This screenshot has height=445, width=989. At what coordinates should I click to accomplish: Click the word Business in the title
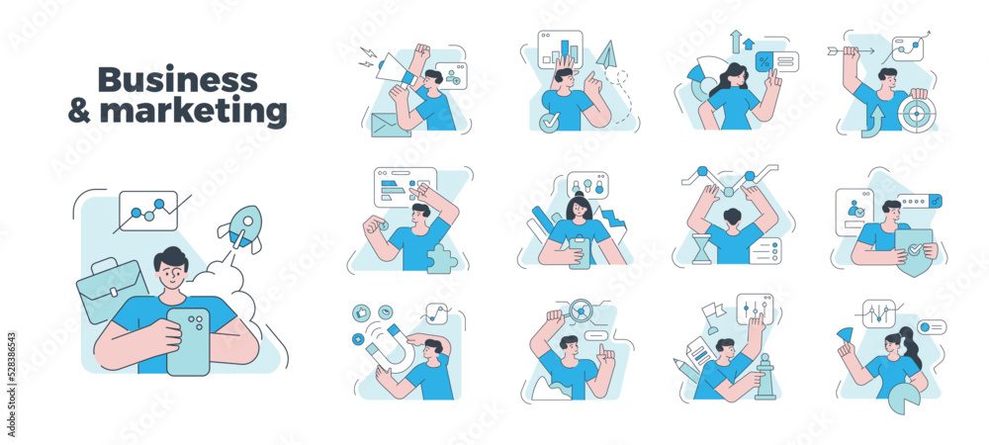(x=178, y=80)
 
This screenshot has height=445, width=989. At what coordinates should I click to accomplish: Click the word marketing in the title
(x=194, y=111)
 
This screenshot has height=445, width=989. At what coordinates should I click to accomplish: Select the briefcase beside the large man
(x=111, y=290)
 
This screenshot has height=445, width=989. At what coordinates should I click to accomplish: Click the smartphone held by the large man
(x=188, y=341)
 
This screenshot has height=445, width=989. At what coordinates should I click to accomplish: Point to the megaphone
(x=397, y=70)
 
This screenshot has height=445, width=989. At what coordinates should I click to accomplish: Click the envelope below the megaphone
(x=391, y=125)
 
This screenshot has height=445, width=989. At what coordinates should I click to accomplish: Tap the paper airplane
(x=607, y=54)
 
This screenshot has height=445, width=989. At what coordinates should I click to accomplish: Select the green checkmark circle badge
(x=549, y=123)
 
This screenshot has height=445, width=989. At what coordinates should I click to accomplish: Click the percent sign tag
(x=765, y=61)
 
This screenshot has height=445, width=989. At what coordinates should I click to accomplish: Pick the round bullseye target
(x=917, y=114)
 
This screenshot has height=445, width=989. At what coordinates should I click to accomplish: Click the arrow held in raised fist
(x=851, y=51)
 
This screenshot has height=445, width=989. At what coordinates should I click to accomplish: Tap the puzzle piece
(x=441, y=258)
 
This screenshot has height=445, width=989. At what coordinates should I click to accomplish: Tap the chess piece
(x=765, y=377)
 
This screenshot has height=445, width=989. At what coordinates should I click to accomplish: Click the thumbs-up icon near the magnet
(x=362, y=312)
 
